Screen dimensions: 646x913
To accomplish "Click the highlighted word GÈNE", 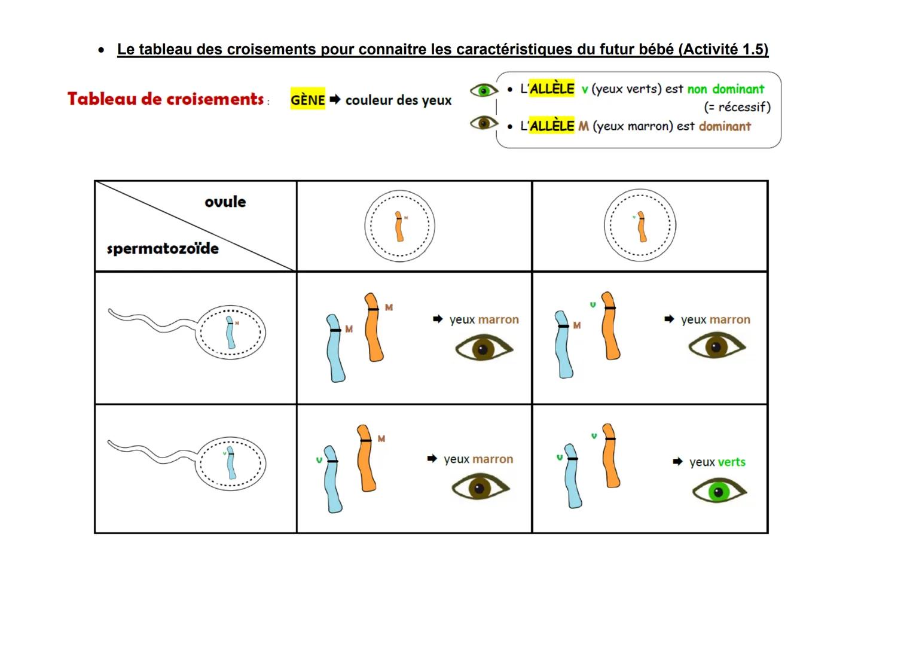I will point(307,100).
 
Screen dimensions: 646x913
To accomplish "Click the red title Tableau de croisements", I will point(166,99).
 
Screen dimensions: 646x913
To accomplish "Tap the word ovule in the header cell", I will point(225,202).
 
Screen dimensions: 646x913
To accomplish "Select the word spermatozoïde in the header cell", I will point(163,248).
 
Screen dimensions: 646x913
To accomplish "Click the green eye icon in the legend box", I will point(484,90).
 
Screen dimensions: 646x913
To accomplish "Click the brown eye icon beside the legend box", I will point(484,123).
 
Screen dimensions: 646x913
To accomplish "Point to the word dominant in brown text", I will point(725,126).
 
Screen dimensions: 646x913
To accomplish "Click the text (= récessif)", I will point(737,107).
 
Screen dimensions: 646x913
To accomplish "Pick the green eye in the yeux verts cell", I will point(719,492).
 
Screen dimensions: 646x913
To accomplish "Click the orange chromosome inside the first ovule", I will point(399,226).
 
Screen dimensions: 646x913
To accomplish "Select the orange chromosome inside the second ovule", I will point(642,226).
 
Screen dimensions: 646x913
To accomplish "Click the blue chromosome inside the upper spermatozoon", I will point(230,333).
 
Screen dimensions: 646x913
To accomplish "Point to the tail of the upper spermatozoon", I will point(149,320).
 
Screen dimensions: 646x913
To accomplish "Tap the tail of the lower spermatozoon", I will point(149,451).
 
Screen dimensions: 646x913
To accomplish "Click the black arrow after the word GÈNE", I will point(335,99).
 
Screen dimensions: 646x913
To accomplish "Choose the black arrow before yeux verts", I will point(677,462).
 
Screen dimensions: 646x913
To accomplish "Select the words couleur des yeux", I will point(398,100).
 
